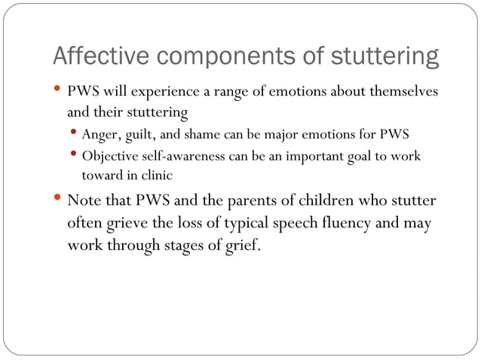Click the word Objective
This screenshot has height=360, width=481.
click(x=109, y=157)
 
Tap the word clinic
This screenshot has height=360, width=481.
click(x=155, y=175)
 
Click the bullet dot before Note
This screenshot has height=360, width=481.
click(x=59, y=200)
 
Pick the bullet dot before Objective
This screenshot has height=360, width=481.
click(x=76, y=156)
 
